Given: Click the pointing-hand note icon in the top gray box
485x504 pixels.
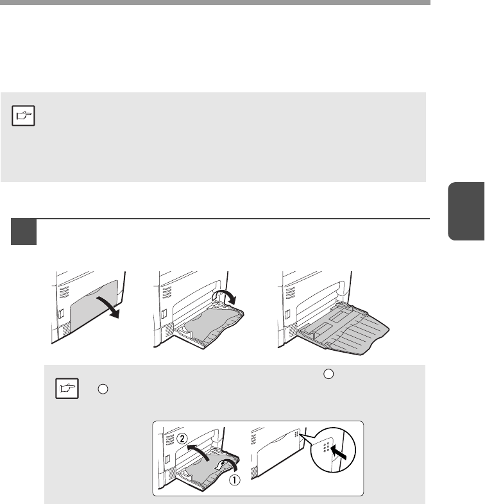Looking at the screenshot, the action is [x=23, y=115].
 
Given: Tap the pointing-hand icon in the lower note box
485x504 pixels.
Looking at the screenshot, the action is [x=67, y=389].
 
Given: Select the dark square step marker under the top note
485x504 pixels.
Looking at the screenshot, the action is [x=24, y=231].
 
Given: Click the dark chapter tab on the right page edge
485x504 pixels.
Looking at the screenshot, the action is [x=466, y=211].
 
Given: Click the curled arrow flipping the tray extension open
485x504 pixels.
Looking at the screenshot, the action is [x=226, y=295].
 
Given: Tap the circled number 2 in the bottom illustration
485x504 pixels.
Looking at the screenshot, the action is [x=182, y=439].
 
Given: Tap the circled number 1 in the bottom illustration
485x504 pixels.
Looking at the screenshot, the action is [x=234, y=480].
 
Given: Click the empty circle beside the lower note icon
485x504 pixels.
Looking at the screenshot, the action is [x=103, y=389].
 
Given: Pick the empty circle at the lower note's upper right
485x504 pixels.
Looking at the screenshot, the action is [x=328, y=374].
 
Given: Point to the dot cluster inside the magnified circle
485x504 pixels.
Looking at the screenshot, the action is [x=326, y=447].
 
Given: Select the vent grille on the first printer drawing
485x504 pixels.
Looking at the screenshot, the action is [x=64, y=292].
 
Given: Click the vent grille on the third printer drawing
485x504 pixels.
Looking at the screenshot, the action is [x=290, y=292].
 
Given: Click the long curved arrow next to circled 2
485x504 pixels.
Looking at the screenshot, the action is [x=200, y=452].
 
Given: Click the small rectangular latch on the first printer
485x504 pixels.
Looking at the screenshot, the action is [x=62, y=314].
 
